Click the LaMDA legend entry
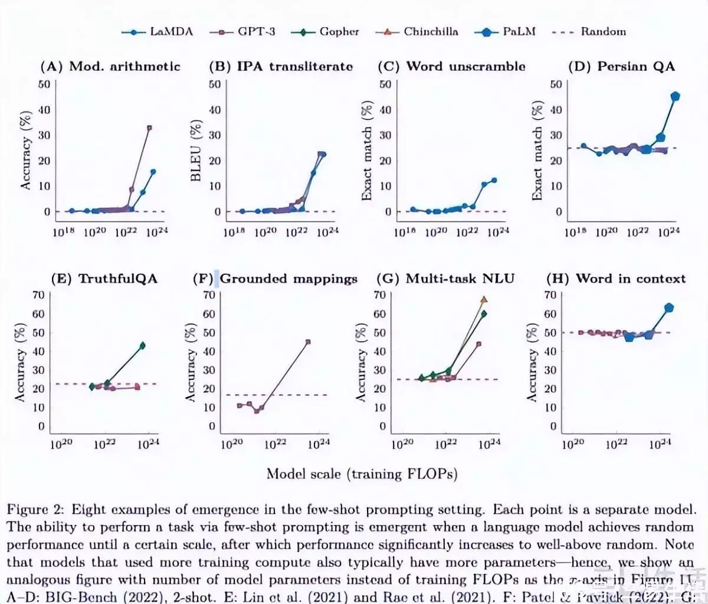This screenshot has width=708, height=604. pyautogui.click(x=158, y=32)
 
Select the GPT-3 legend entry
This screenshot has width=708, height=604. pyautogui.click(x=243, y=32)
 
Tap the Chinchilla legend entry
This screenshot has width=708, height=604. pyautogui.click(x=417, y=32)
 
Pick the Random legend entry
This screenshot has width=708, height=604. pyautogui.click(x=589, y=32)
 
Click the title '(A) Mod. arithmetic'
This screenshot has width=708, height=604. pyautogui.click(x=110, y=66)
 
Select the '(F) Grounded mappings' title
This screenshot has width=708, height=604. pyautogui.click(x=276, y=278)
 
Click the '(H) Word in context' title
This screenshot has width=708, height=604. pyautogui.click(x=616, y=278)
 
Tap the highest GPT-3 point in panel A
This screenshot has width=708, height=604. pyautogui.click(x=149, y=127)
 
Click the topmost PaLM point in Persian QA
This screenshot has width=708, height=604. pyautogui.click(x=676, y=96)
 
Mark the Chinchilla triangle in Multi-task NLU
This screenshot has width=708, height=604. pyautogui.click(x=484, y=300)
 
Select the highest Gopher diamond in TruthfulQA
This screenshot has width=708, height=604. pyautogui.click(x=142, y=346)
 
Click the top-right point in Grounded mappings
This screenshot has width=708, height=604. pyautogui.click(x=307, y=342)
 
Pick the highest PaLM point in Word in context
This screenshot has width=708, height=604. pyautogui.click(x=669, y=307)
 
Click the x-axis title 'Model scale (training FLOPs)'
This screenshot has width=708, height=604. pyautogui.click(x=362, y=474)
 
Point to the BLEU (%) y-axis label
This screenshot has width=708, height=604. pyautogui.click(x=196, y=151)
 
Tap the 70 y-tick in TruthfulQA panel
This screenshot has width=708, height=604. pyautogui.click(x=38, y=295)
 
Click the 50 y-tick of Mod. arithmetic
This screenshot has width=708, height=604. pyautogui.click(x=44, y=84)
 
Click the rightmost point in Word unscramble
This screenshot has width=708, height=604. pyautogui.click(x=494, y=180)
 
